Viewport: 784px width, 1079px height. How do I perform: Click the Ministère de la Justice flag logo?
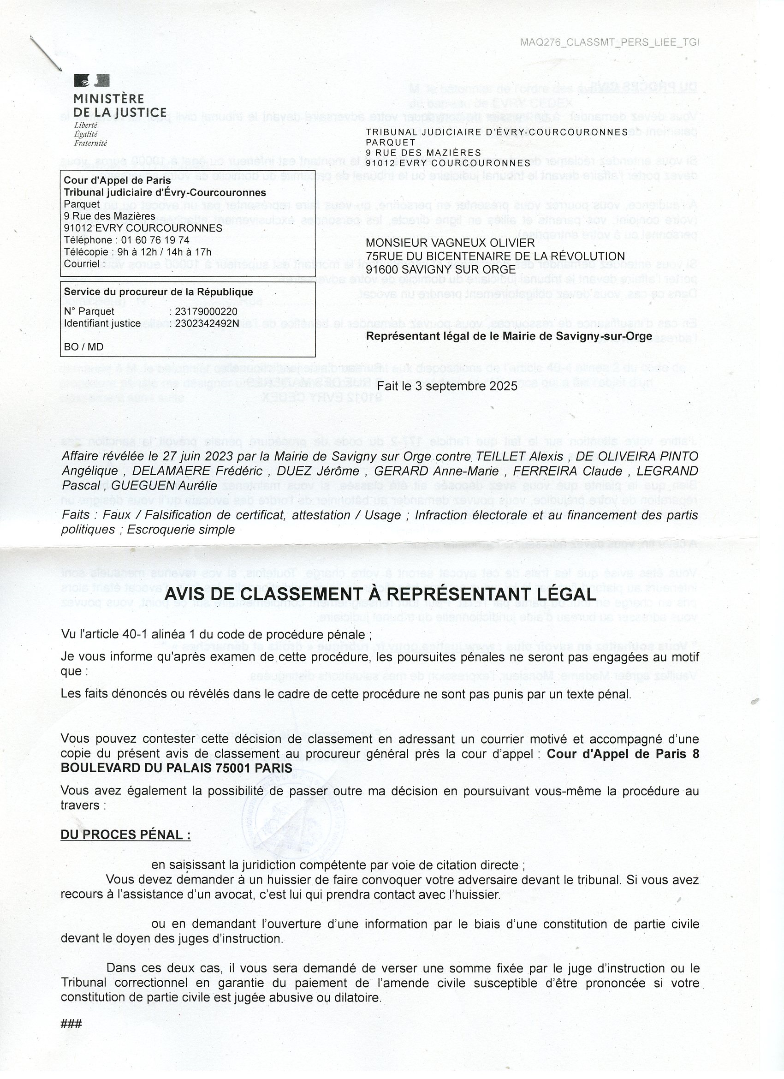pyautogui.click(x=92, y=80)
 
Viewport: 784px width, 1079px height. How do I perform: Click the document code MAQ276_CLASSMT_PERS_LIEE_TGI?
pyautogui.click(x=609, y=42)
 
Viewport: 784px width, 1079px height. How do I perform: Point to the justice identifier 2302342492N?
pyautogui.click(x=207, y=323)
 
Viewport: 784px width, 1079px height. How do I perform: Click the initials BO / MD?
pyautogui.click(x=83, y=347)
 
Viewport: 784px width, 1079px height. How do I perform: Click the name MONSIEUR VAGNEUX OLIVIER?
pyautogui.click(x=450, y=244)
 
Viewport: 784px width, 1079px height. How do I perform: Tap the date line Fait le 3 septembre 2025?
pyautogui.click(x=447, y=386)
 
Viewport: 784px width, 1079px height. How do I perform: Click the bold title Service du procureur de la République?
pyautogui.click(x=159, y=292)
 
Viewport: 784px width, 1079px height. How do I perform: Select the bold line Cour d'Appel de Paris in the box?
pyautogui.click(x=117, y=181)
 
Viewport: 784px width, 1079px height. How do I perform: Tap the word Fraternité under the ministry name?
pyautogui.click(x=90, y=143)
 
